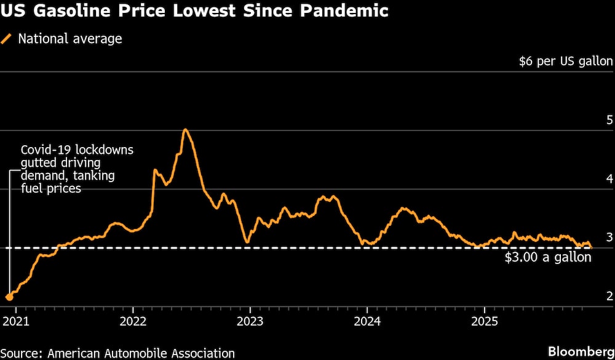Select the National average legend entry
(x=69, y=39)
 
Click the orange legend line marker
(x=7, y=39)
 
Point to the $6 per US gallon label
(x=566, y=61)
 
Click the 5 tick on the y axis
(x=609, y=119)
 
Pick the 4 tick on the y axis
(x=609, y=178)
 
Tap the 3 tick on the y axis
(x=609, y=237)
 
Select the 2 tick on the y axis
(x=609, y=296)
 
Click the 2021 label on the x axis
(x=15, y=321)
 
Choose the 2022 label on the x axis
(x=133, y=321)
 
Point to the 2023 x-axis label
(x=250, y=321)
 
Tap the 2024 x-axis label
(x=367, y=321)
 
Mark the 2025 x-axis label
(x=485, y=321)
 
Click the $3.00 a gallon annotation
(x=548, y=257)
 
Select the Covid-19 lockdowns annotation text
(x=77, y=169)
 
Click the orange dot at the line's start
(x=9, y=297)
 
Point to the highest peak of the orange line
(x=185, y=129)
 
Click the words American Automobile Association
(x=142, y=353)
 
